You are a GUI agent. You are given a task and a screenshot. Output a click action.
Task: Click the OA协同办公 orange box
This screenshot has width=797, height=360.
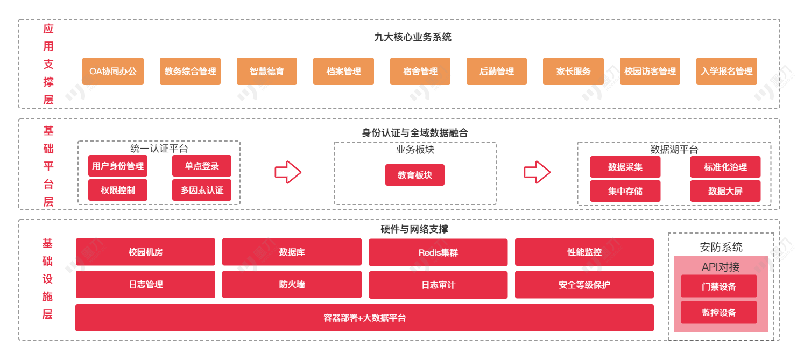click(x=113, y=71)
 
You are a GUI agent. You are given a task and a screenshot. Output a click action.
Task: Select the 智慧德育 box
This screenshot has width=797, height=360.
click(x=267, y=71)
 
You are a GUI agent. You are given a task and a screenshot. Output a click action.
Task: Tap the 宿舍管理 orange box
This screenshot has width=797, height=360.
click(x=420, y=71)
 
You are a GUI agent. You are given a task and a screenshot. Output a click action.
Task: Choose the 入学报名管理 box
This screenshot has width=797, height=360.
click(x=727, y=71)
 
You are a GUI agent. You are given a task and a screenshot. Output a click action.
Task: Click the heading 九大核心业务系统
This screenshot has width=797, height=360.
click(x=413, y=37)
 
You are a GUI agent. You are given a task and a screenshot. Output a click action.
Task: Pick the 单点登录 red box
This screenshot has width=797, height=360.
click(x=202, y=166)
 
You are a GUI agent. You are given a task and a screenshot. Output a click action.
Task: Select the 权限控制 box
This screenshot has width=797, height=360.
click(x=118, y=190)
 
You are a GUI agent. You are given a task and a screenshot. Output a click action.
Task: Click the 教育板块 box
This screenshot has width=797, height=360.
click(x=415, y=175)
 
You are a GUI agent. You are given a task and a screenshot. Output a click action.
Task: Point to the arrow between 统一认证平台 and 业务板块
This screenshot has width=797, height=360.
click(x=288, y=172)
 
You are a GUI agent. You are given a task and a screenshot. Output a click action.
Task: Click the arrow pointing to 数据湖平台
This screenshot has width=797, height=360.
click(x=537, y=172)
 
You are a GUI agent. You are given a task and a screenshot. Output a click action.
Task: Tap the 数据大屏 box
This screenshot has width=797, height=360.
click(x=725, y=191)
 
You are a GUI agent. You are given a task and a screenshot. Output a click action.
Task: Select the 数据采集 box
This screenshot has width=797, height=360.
click(x=625, y=167)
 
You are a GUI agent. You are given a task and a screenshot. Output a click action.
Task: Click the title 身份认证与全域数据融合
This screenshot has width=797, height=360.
click(x=415, y=132)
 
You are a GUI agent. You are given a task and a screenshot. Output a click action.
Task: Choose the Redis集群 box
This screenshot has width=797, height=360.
click(x=438, y=252)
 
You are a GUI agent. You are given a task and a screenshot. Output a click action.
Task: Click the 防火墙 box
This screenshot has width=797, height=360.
click(x=292, y=284)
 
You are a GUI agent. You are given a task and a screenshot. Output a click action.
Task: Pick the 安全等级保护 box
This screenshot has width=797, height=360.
click(x=584, y=285)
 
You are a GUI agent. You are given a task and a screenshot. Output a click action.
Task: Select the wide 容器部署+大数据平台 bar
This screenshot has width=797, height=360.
click(x=364, y=317)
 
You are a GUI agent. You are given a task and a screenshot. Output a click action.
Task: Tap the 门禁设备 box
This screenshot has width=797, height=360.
click(x=719, y=286)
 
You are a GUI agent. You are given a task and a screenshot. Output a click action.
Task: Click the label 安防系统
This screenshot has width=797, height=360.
click(x=721, y=247)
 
